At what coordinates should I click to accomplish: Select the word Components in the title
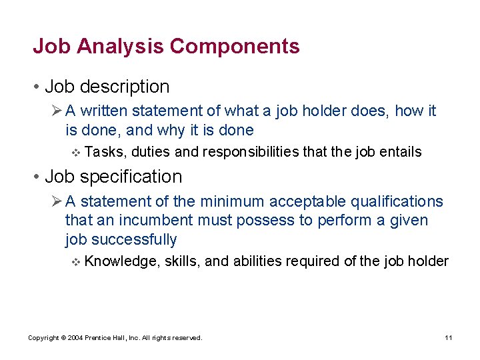click(234, 47)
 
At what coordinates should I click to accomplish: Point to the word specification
click(131, 177)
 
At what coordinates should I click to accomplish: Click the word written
click(105, 111)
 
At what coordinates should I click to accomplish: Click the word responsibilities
click(250, 152)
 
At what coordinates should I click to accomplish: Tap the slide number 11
click(449, 338)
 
